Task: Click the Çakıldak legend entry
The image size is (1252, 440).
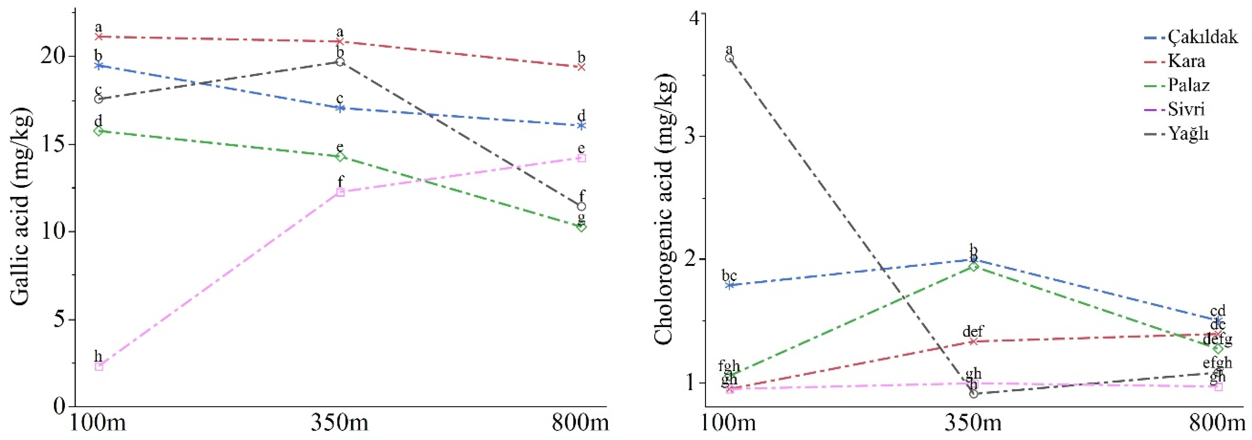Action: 1202,37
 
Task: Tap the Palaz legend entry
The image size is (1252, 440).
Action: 1188,86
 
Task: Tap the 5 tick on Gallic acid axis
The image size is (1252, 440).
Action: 58,320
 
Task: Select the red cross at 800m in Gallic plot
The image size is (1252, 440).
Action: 581,67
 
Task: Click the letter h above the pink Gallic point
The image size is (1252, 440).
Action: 98,356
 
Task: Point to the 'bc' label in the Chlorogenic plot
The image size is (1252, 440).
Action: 729,275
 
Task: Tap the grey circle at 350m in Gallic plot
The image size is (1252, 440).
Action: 340,62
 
